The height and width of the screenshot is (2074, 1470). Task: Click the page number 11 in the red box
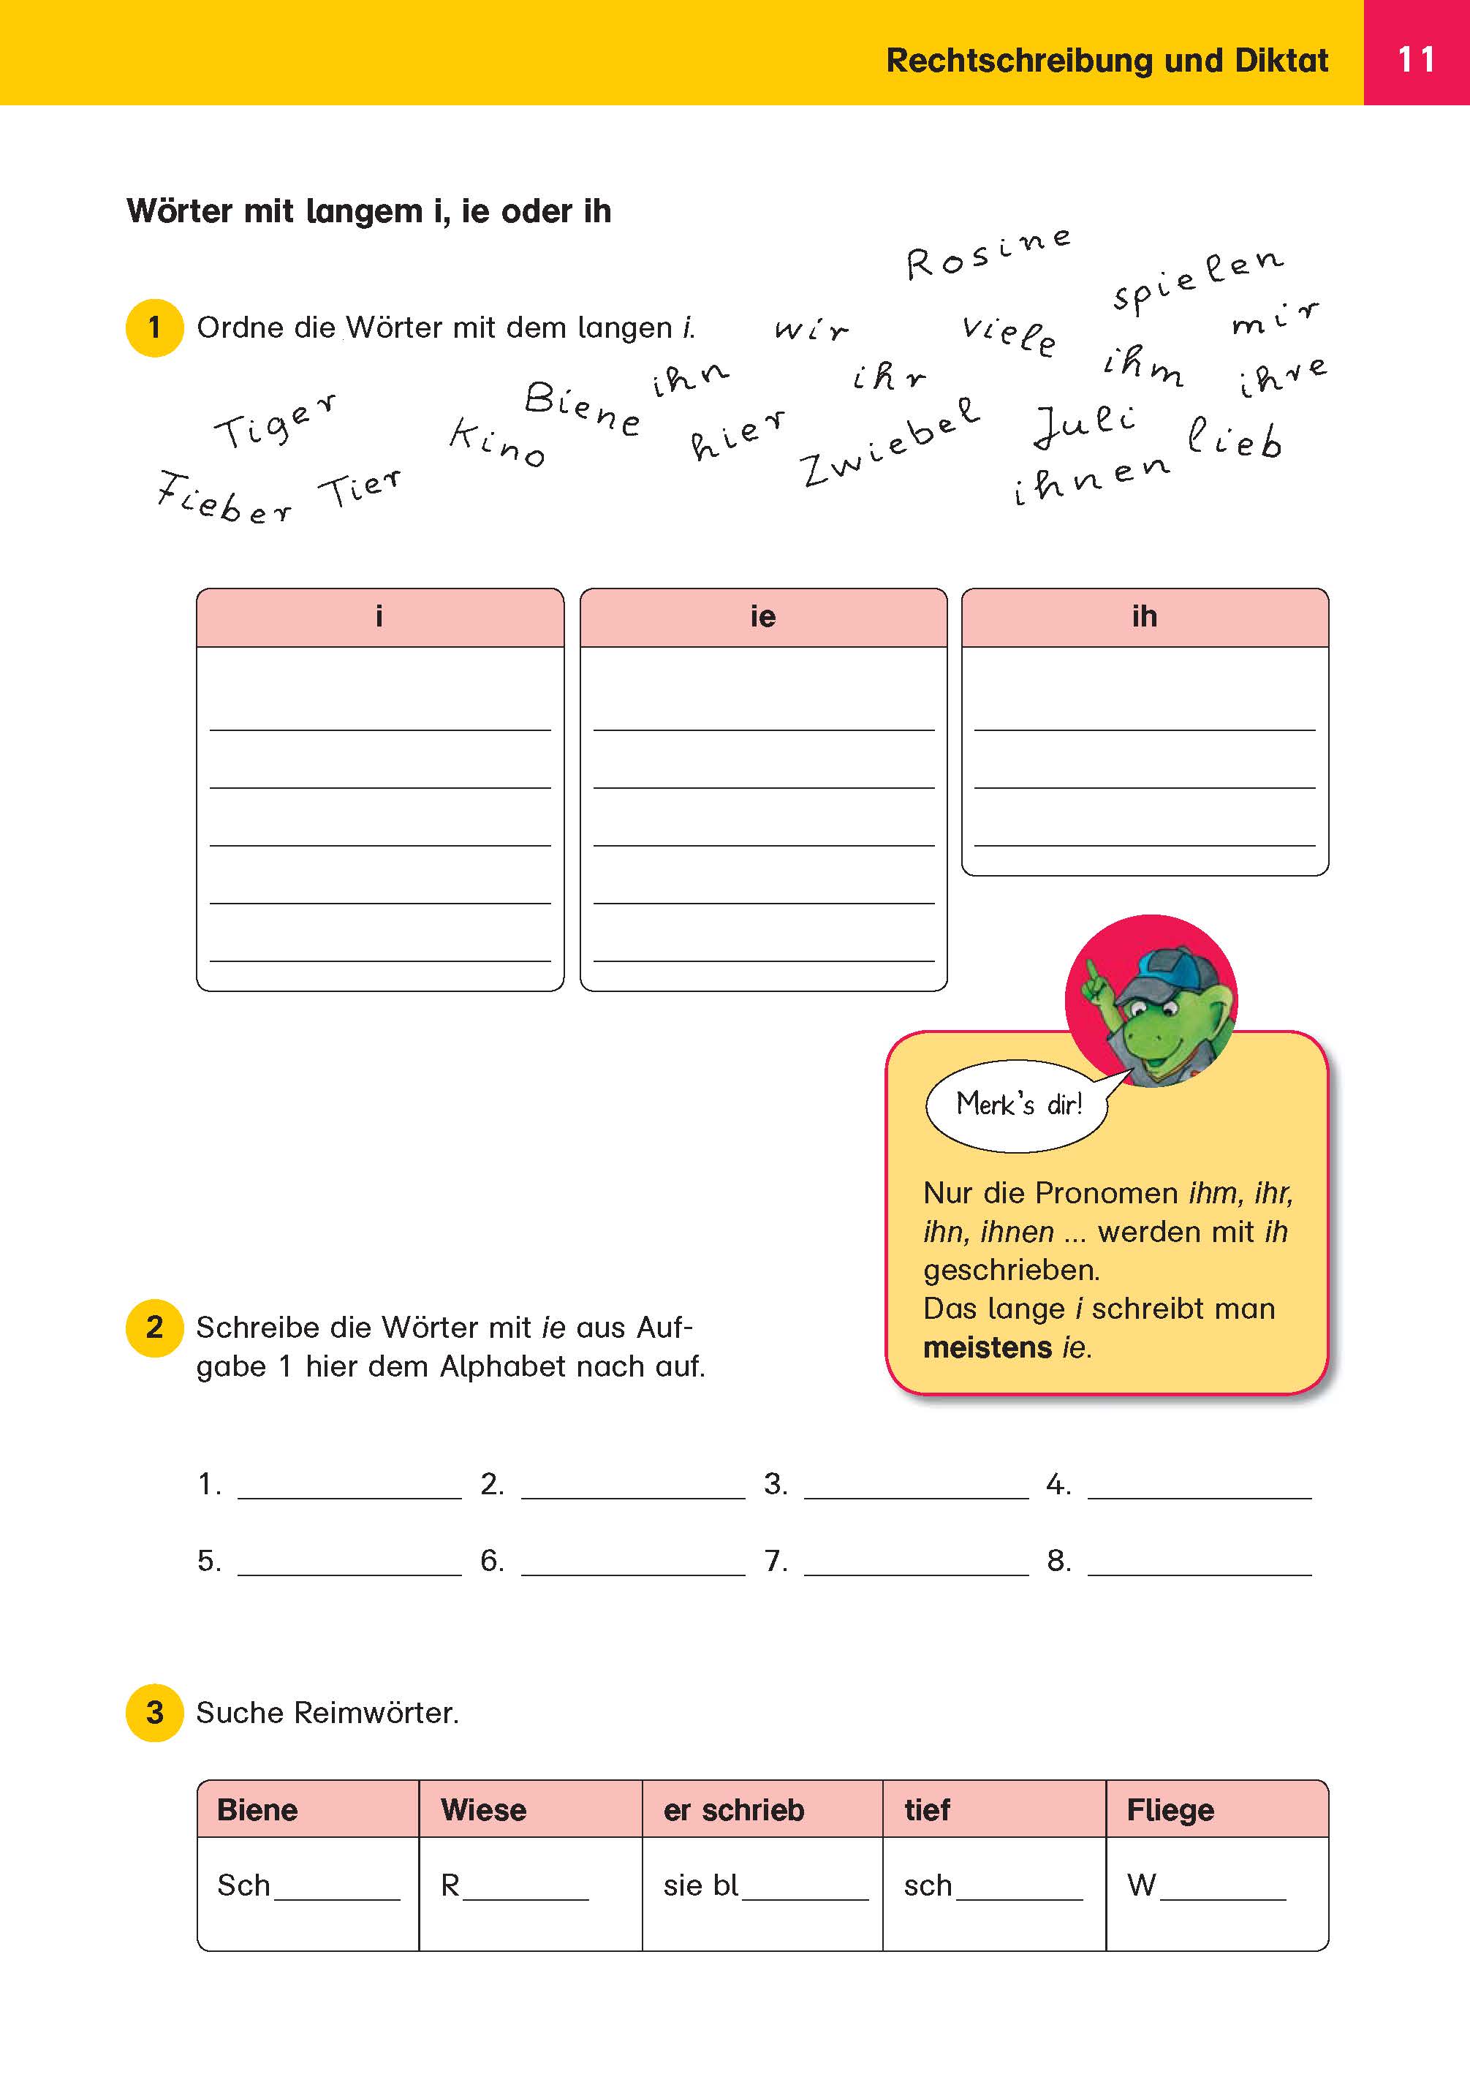[x=1416, y=60]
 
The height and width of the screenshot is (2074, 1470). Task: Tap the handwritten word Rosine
[x=988, y=254]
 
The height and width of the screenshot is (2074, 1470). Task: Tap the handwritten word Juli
[x=1084, y=425]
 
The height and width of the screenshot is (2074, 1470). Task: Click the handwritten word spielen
[x=1197, y=280]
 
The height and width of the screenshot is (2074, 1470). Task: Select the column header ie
[x=762, y=618]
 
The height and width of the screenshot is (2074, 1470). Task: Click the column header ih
[x=1144, y=618]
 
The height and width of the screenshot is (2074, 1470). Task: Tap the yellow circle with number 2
[x=155, y=1328]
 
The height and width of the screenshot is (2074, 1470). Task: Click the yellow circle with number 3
[x=155, y=1713]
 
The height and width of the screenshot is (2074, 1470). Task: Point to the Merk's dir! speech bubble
[x=1018, y=1105]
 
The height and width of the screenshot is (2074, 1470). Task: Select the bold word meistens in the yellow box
[x=988, y=1348]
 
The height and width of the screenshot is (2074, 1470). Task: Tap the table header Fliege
[x=1170, y=1809]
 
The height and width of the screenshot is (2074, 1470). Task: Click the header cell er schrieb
[x=733, y=1809]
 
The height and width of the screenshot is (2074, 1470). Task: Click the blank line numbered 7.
[x=915, y=1562]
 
